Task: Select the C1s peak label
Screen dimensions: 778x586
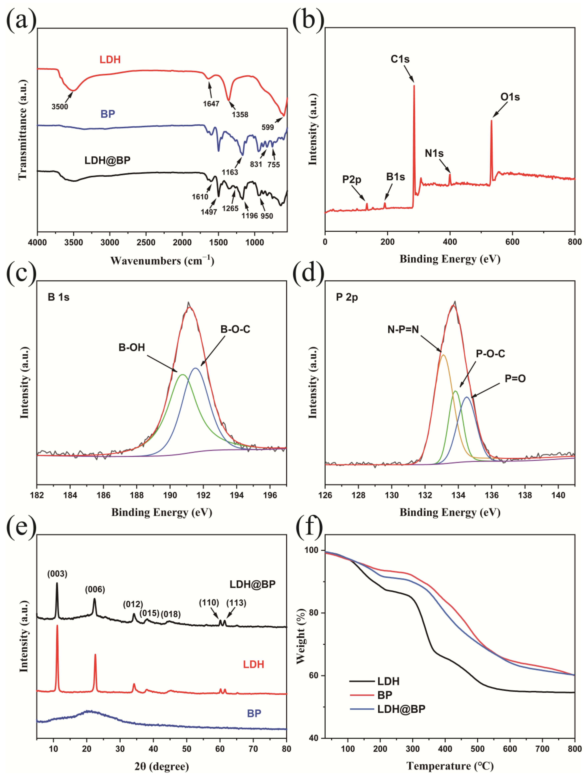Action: click(x=400, y=59)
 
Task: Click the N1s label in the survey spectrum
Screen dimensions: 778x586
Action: click(x=434, y=153)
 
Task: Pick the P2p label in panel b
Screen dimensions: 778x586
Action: click(x=352, y=180)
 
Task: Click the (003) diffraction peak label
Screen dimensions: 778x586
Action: click(x=57, y=574)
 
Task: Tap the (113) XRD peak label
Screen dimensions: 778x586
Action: click(x=236, y=603)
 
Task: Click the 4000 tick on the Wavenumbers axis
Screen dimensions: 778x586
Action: click(x=37, y=243)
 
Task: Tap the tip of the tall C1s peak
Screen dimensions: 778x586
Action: click(x=414, y=85)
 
